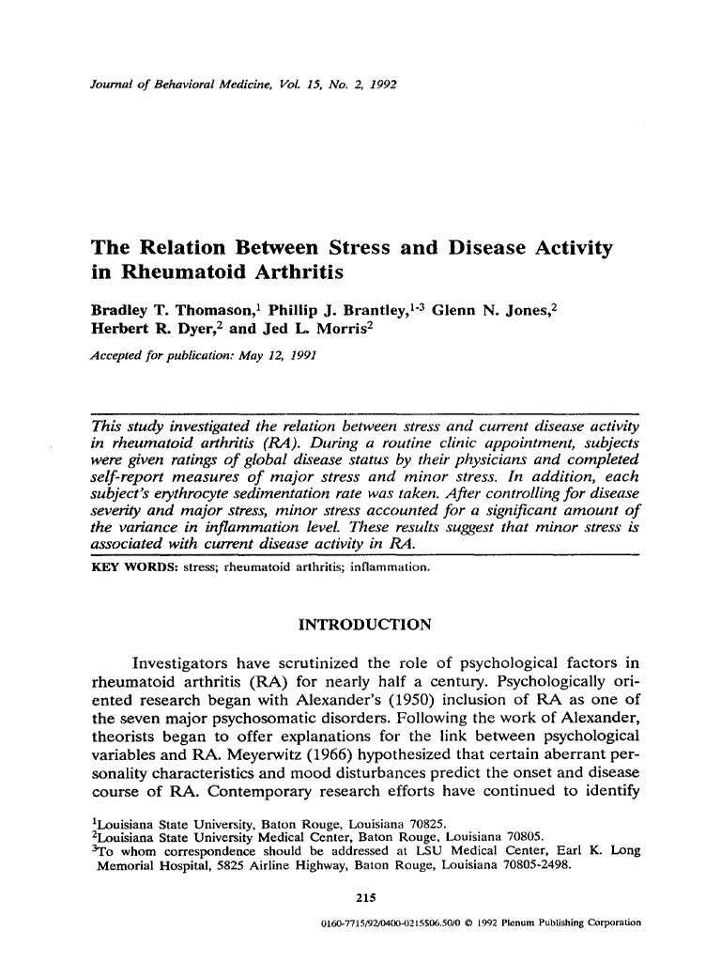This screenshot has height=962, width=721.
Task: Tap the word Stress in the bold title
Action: click(360, 249)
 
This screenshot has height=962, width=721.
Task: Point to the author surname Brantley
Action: click(360, 312)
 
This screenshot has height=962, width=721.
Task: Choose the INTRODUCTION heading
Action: click(363, 624)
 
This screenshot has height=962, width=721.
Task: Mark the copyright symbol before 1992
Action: click(471, 923)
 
